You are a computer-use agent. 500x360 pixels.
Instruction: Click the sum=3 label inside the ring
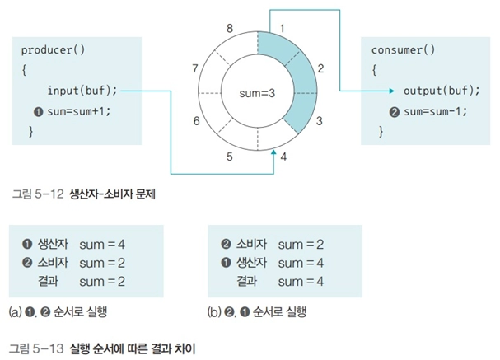(x=257, y=93)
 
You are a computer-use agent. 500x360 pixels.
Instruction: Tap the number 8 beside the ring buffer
(x=230, y=28)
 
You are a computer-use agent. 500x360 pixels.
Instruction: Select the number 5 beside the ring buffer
(x=230, y=157)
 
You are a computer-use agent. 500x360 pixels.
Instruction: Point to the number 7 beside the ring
(x=195, y=68)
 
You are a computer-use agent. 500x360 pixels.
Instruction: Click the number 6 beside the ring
(x=196, y=121)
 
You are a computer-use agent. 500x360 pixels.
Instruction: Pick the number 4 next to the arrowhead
(x=283, y=157)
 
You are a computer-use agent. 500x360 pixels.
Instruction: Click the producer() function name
(x=53, y=50)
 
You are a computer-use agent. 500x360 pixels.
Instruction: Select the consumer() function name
(x=403, y=50)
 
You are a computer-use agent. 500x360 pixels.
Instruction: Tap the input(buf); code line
(x=82, y=91)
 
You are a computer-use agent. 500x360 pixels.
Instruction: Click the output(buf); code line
(x=442, y=91)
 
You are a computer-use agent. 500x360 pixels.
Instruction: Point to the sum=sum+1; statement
(x=79, y=111)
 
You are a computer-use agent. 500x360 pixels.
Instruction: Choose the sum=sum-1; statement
(x=435, y=111)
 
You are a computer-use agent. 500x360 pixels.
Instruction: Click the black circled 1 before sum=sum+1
(x=38, y=112)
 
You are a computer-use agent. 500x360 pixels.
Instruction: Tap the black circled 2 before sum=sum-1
(x=394, y=112)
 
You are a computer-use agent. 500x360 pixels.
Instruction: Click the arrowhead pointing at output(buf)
(x=392, y=91)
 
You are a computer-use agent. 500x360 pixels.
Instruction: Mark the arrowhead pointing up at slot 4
(x=273, y=152)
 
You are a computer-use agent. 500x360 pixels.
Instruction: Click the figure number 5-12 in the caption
(x=49, y=194)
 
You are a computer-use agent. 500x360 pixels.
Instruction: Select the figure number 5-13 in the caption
(x=49, y=348)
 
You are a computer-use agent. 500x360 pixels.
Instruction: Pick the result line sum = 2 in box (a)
(x=102, y=282)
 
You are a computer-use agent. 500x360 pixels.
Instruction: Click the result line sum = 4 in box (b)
(x=301, y=282)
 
